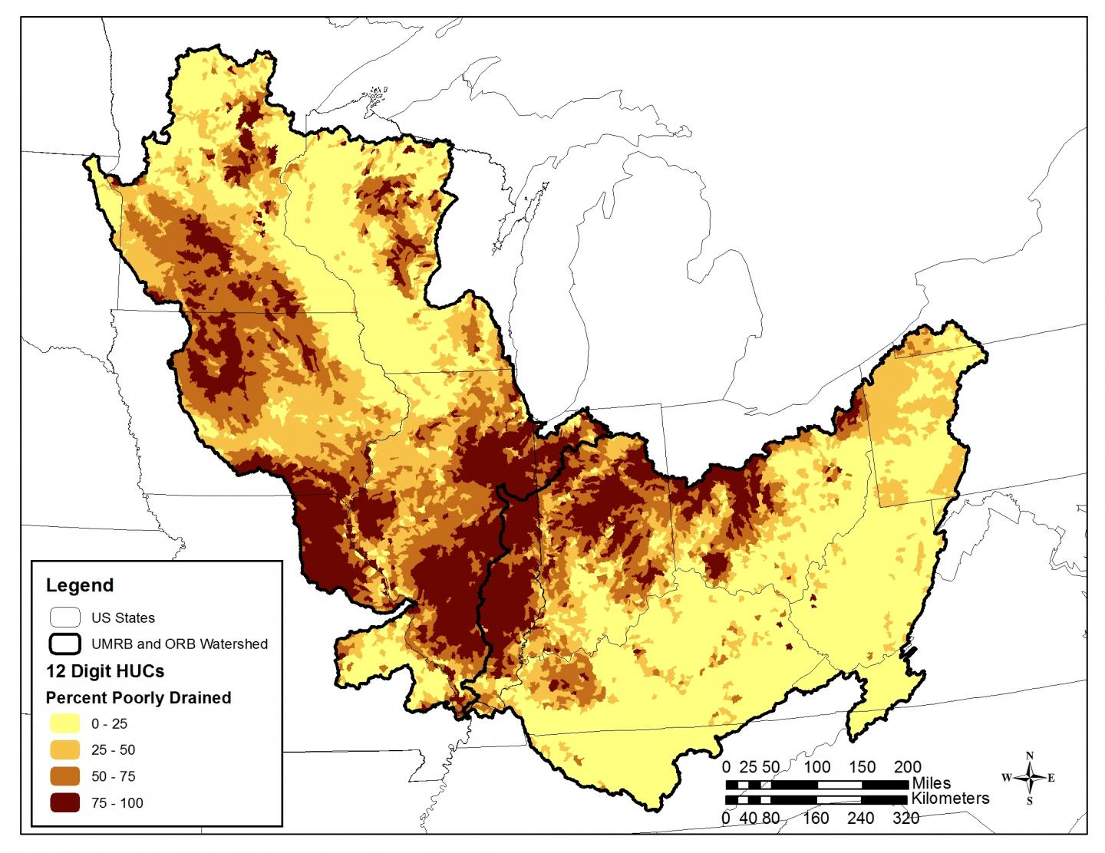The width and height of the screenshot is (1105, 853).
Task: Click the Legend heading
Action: tap(80, 585)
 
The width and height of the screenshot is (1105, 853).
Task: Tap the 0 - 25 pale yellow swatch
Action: tap(64, 723)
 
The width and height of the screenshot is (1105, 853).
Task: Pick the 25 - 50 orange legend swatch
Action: tap(64, 749)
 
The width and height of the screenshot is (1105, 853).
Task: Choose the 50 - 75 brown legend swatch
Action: tap(64, 776)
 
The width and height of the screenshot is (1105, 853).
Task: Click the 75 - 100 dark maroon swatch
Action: tap(64, 803)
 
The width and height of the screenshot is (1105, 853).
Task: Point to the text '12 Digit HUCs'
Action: tap(105, 671)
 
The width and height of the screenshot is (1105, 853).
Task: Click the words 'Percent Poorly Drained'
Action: tap(138, 697)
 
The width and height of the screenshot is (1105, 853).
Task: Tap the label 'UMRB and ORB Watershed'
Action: tap(180, 644)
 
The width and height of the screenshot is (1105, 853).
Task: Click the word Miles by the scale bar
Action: tap(932, 783)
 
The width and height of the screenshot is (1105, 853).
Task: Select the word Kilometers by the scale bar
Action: tap(950, 799)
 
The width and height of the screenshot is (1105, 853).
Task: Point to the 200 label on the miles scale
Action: tap(908, 766)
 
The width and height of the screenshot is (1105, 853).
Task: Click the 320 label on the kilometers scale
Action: tap(906, 818)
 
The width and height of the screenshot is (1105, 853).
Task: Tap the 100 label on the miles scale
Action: tap(817, 766)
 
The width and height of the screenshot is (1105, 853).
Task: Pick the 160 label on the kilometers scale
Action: tap(816, 818)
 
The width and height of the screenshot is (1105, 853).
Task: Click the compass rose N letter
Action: tap(1030, 755)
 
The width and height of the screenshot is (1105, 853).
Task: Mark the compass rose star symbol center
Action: tap(1030, 778)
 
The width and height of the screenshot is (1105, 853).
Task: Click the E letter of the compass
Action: tap(1051, 778)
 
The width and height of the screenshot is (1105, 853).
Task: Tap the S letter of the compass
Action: tap(1030, 801)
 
